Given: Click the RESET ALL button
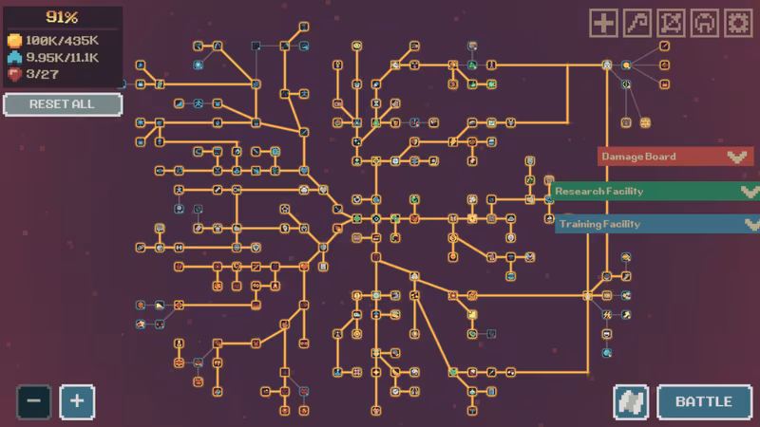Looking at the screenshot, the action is [63, 104].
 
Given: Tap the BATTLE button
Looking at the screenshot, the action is [704, 401].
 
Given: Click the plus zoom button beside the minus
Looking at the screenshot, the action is [77, 401].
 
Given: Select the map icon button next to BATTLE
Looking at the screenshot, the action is [631, 401].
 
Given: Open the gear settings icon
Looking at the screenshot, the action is [738, 23].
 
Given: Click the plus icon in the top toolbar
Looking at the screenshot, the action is [603, 23].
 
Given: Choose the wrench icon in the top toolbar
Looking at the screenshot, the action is [636, 23].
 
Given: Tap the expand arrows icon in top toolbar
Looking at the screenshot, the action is [671, 23].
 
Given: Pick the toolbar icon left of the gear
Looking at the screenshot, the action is [704, 23].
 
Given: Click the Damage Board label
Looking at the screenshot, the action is [638, 157].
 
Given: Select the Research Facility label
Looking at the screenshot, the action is [599, 192].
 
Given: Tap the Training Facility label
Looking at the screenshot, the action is [600, 224].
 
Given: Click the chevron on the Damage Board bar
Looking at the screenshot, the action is [737, 157].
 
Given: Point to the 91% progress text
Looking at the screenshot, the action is [62, 17].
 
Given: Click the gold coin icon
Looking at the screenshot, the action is [14, 41].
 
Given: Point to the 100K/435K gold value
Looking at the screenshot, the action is [62, 41].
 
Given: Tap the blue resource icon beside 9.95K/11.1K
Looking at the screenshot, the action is [14, 58].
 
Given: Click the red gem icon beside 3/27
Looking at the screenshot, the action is [14, 75].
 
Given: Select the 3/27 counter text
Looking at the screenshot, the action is [42, 75].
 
